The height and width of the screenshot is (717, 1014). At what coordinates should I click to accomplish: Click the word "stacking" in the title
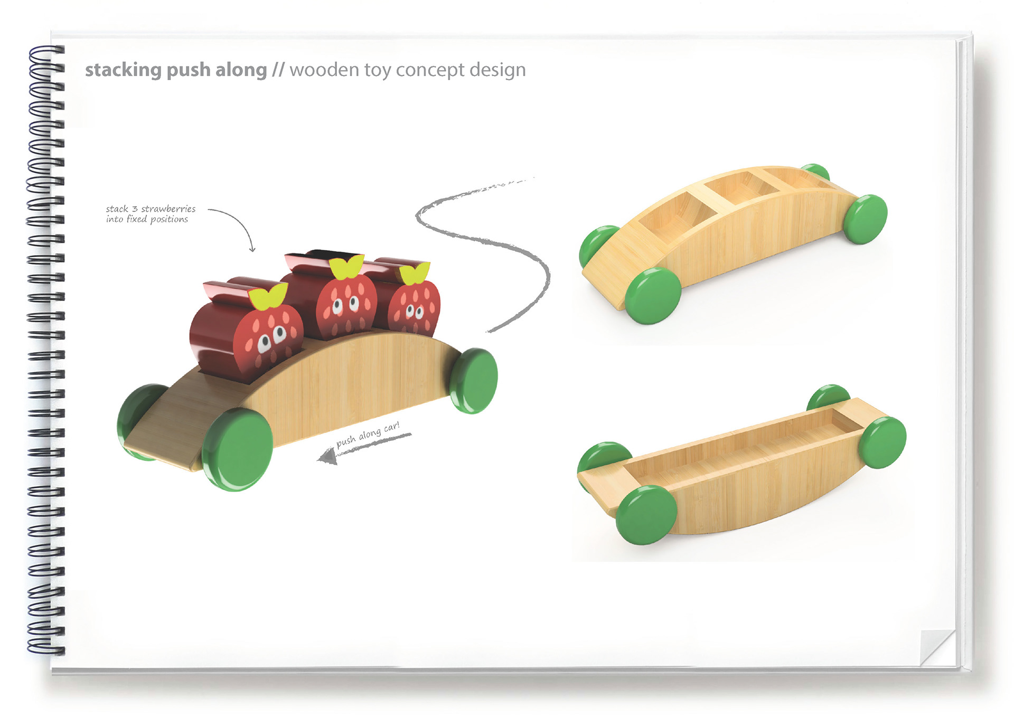coord(123,70)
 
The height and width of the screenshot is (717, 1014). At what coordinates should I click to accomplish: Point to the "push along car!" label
coord(368,434)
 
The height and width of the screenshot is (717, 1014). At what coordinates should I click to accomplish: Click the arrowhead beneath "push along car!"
coord(327,457)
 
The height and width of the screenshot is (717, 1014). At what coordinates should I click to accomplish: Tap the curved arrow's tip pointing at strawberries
coord(252,249)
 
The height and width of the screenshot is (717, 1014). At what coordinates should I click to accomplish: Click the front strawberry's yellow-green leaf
coord(268,297)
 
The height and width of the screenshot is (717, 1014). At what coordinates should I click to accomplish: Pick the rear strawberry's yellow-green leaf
coord(415,273)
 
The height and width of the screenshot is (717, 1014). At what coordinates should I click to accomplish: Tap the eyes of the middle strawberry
coord(345,305)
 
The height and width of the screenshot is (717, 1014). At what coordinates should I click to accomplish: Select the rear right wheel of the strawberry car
coord(474,380)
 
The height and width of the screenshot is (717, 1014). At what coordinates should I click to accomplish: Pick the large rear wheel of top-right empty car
coord(865,219)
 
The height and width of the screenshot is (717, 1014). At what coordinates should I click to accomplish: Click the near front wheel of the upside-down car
coord(646,515)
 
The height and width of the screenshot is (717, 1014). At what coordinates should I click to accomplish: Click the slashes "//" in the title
coord(278,70)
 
